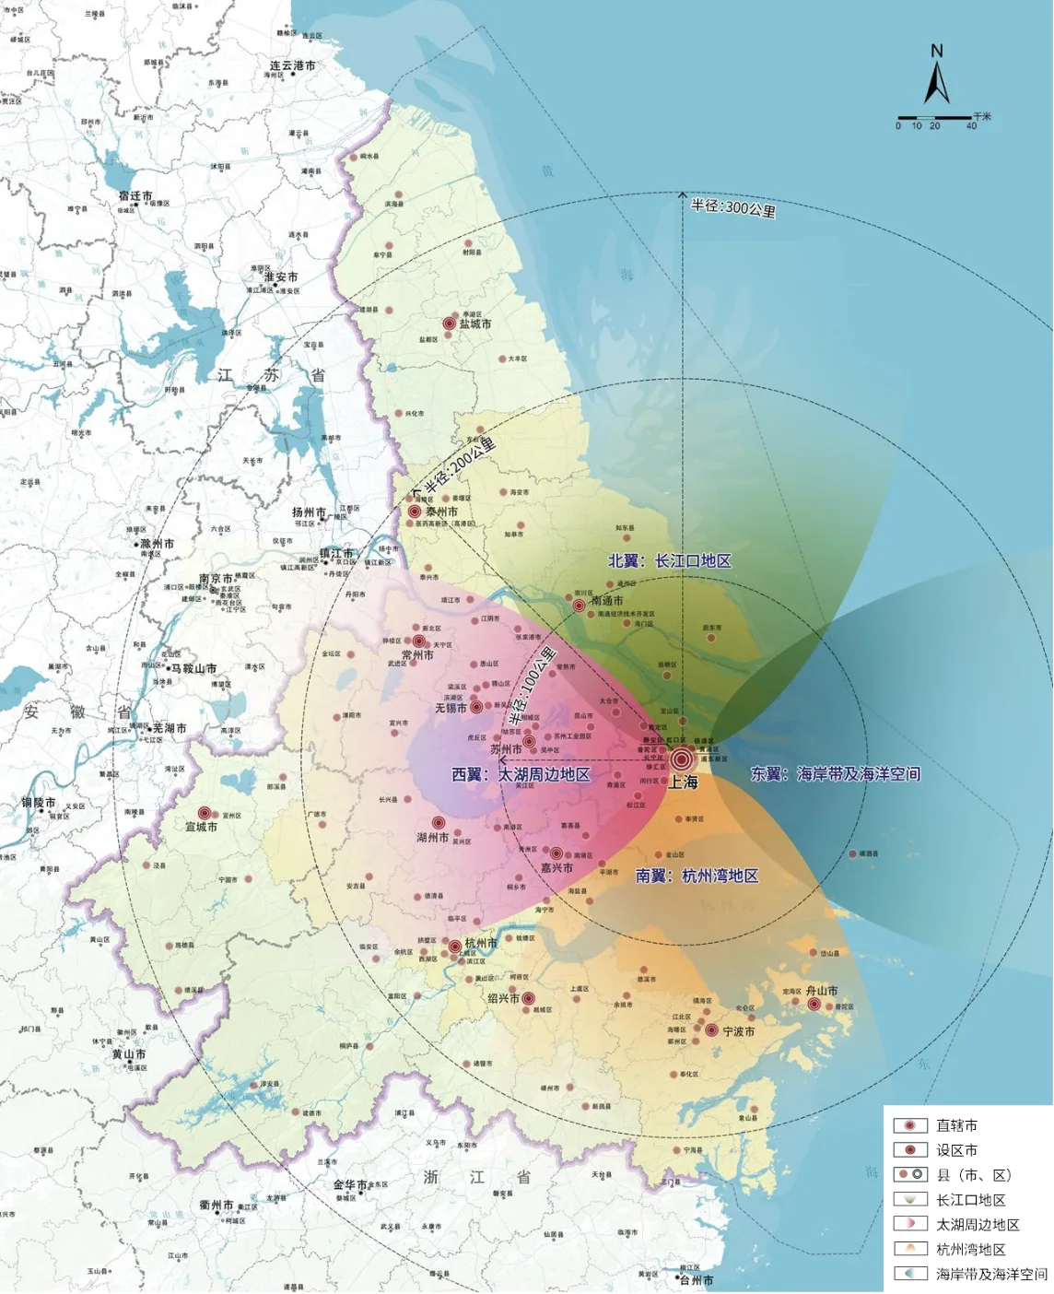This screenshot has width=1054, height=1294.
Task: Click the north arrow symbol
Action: (937, 78)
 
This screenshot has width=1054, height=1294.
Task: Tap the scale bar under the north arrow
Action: (935, 119)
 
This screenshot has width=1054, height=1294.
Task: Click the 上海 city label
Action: (683, 782)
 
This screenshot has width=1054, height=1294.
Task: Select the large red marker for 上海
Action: (682, 759)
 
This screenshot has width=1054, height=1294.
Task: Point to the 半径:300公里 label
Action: (733, 208)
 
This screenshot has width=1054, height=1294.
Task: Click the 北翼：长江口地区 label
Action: (670, 560)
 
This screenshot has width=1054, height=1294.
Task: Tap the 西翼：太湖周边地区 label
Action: (521, 774)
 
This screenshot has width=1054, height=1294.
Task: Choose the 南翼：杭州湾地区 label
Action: (697, 876)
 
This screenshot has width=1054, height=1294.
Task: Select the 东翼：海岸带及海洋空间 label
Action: (835, 774)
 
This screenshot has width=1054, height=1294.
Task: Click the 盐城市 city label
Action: (475, 324)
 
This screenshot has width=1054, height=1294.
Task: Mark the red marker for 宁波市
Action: (711, 1030)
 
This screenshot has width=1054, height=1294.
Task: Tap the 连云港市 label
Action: (292, 66)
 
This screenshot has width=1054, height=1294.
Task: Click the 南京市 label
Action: (216, 580)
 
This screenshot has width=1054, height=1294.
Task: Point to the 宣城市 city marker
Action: (205, 814)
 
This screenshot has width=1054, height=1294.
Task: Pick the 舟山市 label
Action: (822, 991)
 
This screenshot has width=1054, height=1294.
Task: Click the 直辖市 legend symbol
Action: (909, 1125)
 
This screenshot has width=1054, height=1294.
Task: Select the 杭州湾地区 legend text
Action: (970, 1249)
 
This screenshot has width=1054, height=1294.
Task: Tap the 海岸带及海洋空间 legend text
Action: (991, 1274)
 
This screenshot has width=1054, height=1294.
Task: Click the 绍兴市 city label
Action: (504, 998)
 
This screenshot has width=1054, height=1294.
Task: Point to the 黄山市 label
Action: (129, 1054)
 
